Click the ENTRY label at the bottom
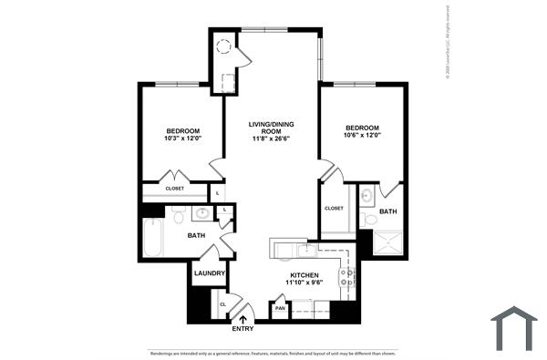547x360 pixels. pos(243,329)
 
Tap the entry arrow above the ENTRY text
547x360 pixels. pos(243,318)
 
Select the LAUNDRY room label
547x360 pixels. pos(209,273)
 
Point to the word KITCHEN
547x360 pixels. pos(303,274)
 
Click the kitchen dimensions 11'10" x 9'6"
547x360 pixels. pos(303,283)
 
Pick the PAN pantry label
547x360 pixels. pos(281,309)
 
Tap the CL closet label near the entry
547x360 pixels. pos(222,304)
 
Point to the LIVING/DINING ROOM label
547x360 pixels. pos(270,128)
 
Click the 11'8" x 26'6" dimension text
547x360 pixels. pos(270,139)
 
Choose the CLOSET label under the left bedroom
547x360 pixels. pos(174,189)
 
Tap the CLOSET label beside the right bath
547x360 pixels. pos(334,209)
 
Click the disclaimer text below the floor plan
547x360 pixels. pos(273,353)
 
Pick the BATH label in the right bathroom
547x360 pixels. pos(387,212)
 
